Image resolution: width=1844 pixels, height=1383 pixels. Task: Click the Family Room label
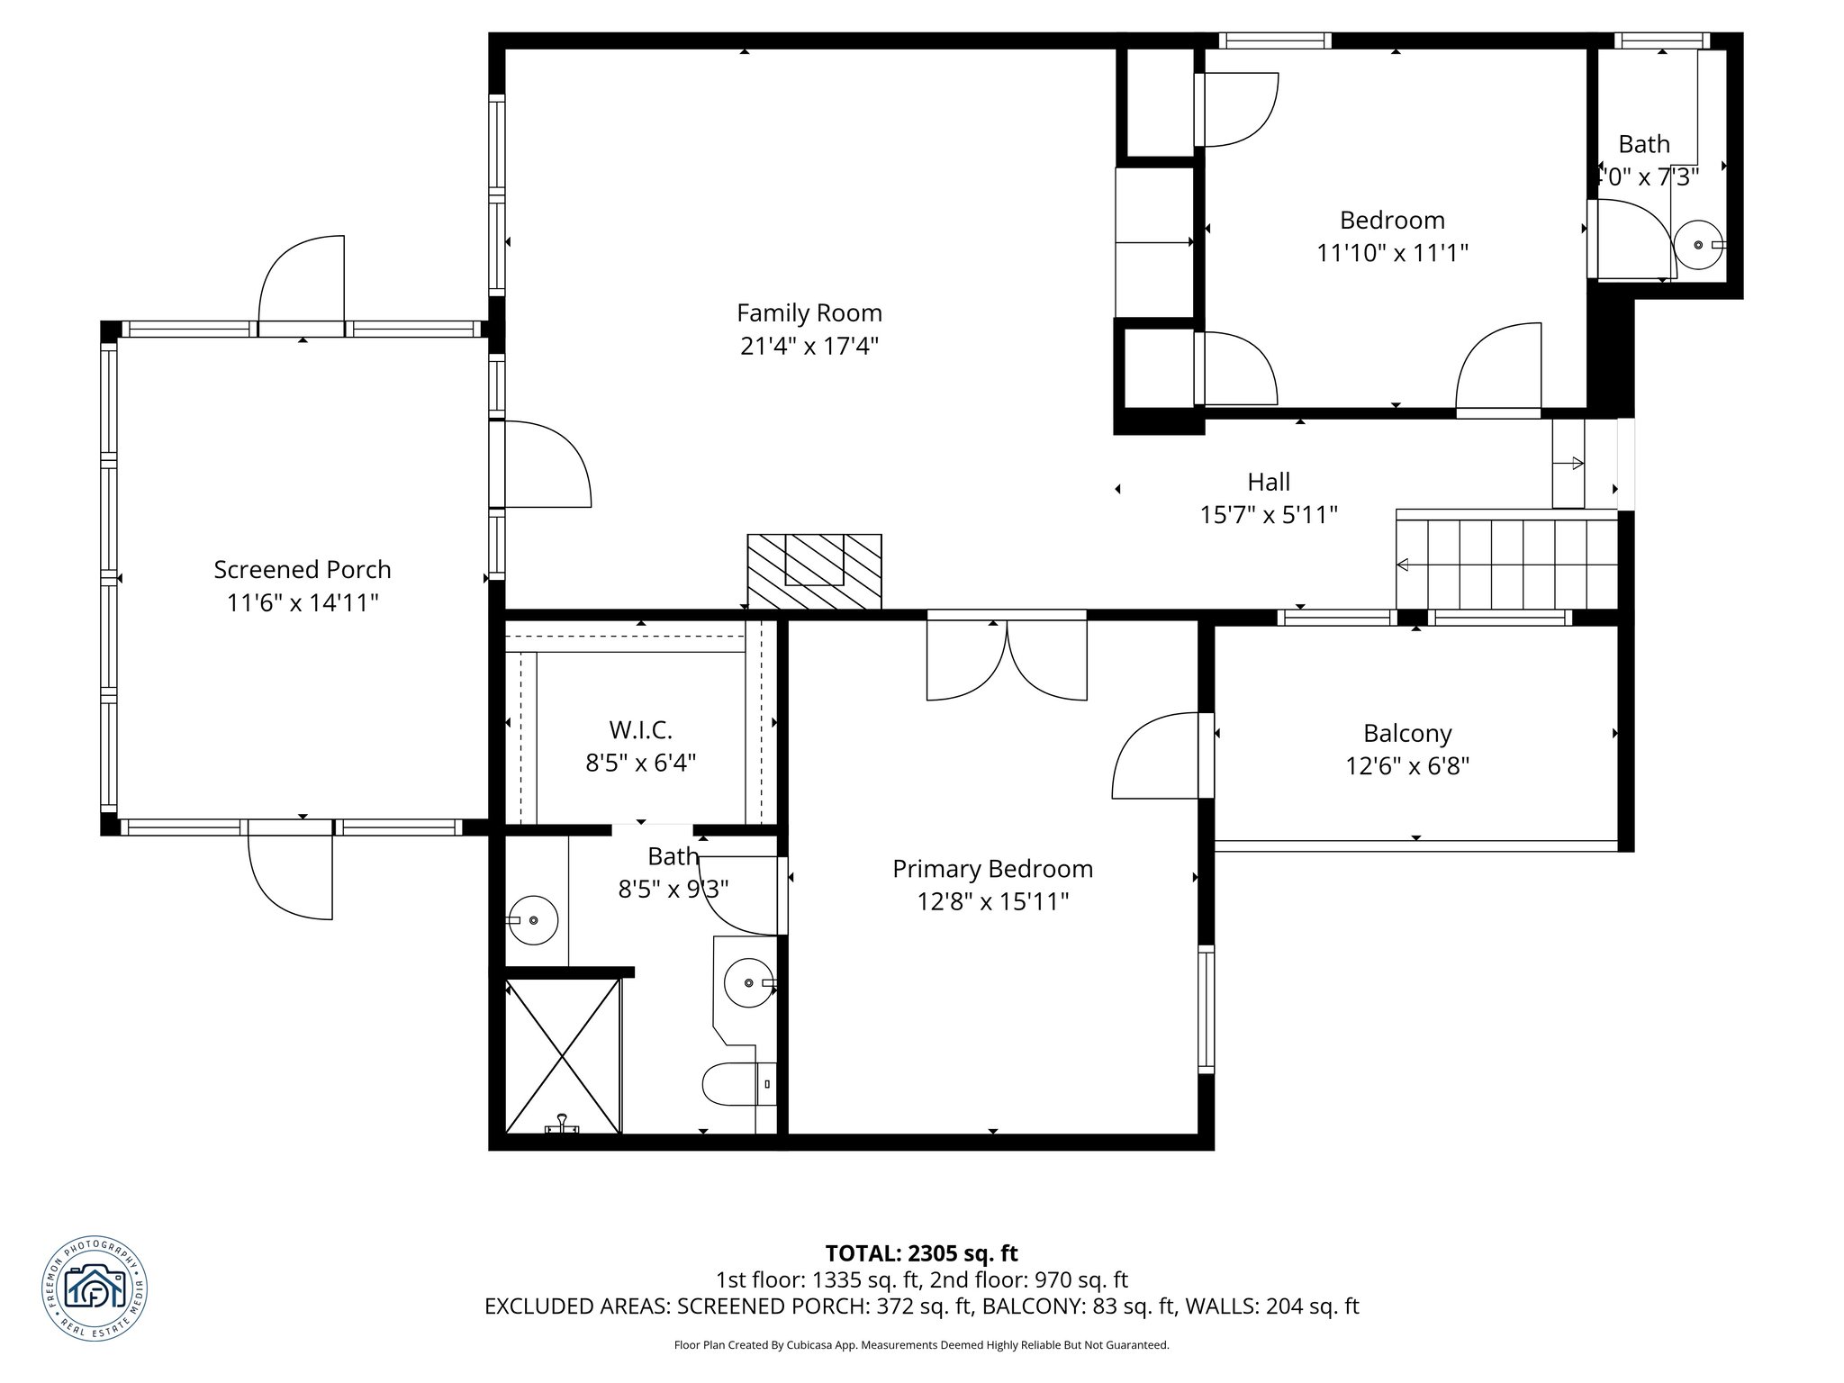point(809,313)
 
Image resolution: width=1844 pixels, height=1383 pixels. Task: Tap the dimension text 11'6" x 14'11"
point(302,603)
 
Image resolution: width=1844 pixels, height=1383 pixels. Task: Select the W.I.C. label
point(640,729)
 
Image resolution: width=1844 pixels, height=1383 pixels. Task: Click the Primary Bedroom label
point(992,869)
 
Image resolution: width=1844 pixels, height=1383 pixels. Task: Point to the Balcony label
point(1406,734)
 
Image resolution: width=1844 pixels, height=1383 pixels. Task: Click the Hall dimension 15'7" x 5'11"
point(1268,515)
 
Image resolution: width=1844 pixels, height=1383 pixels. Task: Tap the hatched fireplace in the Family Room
point(814,571)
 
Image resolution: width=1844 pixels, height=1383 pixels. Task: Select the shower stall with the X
point(563,1054)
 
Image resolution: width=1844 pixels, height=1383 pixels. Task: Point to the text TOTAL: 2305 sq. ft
point(921,1253)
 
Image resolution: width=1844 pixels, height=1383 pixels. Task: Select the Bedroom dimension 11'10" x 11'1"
point(1392,253)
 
